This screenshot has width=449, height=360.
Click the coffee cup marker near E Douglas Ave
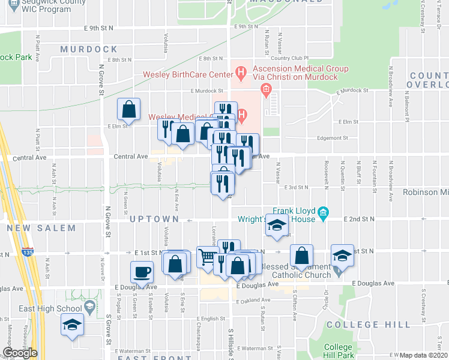point(142,271)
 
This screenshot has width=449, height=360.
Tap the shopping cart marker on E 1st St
point(207,257)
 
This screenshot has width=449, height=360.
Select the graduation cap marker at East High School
point(72,325)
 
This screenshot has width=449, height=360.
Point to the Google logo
point(20,353)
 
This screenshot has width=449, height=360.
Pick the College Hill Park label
point(338,351)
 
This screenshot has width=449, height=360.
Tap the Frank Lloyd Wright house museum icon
point(323,213)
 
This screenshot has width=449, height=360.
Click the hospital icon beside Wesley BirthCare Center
point(241,74)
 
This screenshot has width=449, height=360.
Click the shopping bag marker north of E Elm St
point(128,109)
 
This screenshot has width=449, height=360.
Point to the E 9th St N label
point(100,28)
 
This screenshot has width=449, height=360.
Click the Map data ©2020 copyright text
point(424,355)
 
